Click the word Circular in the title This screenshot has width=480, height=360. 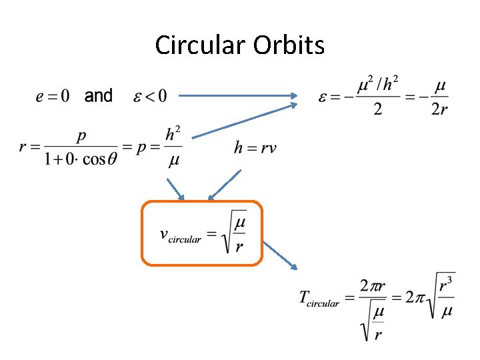[201, 45]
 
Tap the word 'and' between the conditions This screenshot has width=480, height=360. [99, 96]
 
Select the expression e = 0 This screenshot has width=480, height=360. [52, 97]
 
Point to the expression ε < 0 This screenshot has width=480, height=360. [148, 97]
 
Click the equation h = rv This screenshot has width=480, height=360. [255, 148]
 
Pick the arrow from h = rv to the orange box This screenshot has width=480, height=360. [224, 185]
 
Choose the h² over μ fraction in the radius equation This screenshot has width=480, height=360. [173, 147]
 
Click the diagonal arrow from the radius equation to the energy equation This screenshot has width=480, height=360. [244, 120]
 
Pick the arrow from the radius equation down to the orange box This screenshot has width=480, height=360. [175, 189]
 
